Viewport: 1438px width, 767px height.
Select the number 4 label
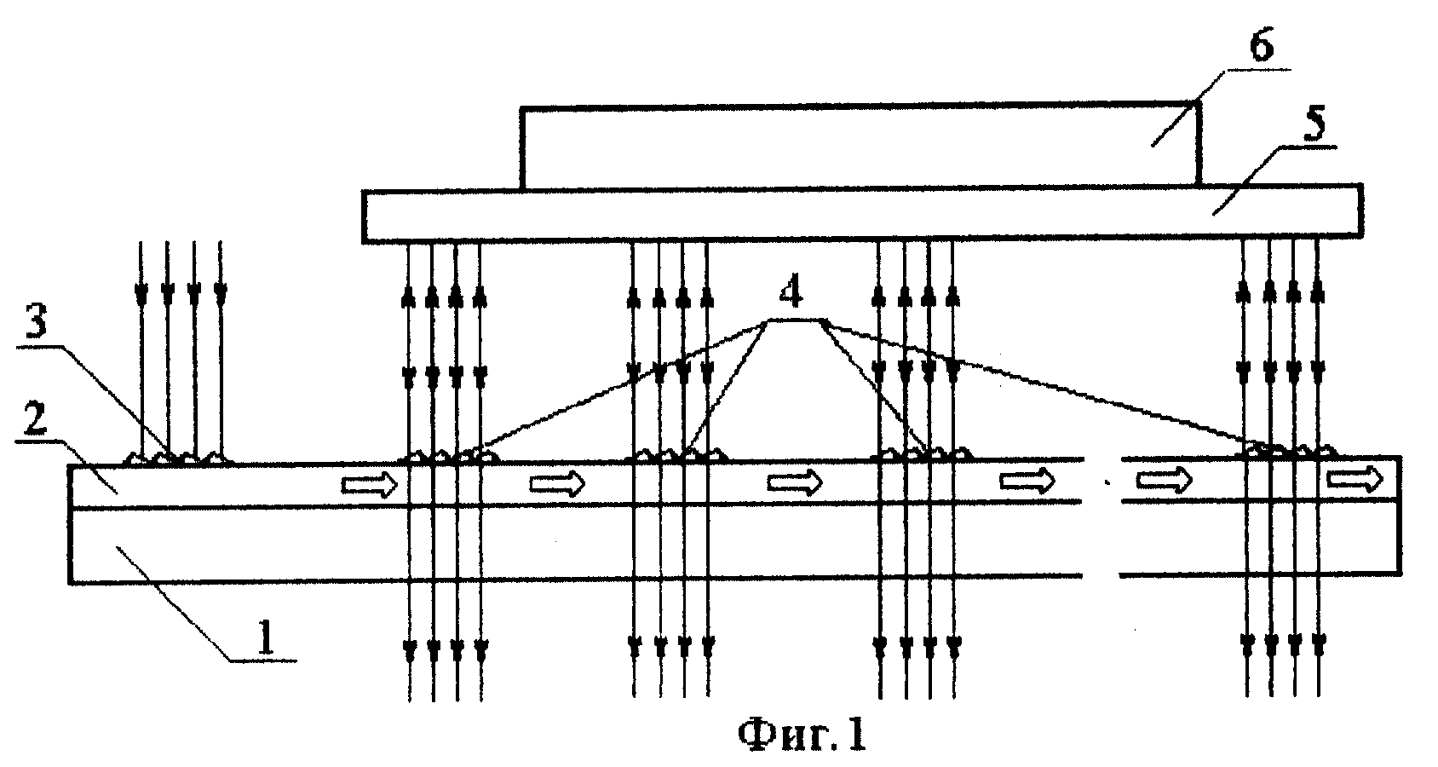click(791, 293)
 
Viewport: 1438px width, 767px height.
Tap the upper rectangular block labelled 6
click(860, 147)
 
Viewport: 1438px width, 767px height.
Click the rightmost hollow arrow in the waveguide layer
click(1355, 479)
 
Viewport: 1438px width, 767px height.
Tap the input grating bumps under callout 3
click(179, 458)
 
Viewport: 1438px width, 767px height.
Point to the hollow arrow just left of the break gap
click(1027, 480)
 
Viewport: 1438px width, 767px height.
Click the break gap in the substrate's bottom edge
click(1102, 575)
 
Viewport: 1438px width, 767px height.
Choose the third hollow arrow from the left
click(796, 482)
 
